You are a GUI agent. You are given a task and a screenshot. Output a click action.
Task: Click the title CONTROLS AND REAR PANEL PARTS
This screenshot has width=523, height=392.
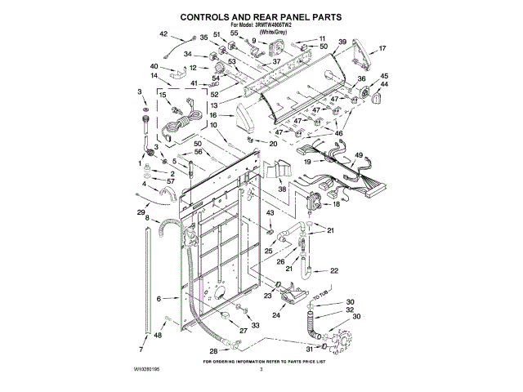coord(261,16)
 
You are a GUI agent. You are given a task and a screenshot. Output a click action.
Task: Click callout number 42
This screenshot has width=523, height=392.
coord(163,33)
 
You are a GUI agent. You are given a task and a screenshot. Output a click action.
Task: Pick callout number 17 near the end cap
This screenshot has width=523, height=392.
coord(382,49)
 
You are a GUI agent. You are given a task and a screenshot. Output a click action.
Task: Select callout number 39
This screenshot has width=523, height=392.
coord(342,42)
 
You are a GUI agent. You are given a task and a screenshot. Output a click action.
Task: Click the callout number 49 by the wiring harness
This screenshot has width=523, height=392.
coord(359,155)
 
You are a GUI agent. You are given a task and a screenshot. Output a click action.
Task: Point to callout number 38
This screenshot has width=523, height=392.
coord(282,189)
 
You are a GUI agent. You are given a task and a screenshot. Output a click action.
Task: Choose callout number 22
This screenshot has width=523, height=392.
coord(333,270)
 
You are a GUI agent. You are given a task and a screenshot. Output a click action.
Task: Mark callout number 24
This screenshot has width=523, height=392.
coord(275,315)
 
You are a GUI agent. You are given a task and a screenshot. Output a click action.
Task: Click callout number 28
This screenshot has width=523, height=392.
coord(213,351)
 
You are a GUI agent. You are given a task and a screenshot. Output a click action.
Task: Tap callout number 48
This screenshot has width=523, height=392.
coord(158,335)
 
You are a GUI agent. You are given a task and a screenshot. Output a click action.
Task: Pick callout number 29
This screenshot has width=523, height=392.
coord(141,212)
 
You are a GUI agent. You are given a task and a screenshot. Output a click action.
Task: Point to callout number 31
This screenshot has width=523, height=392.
coord(308,349)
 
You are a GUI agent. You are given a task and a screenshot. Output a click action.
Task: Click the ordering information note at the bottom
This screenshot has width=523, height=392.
coord(261,360)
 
